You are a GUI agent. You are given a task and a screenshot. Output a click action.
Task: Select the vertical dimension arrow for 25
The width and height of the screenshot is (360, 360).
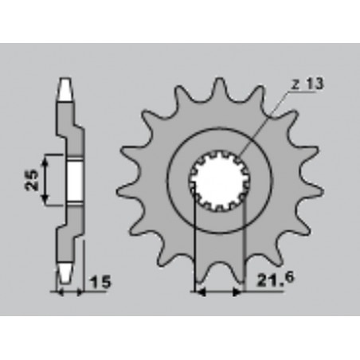pos(47,180)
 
